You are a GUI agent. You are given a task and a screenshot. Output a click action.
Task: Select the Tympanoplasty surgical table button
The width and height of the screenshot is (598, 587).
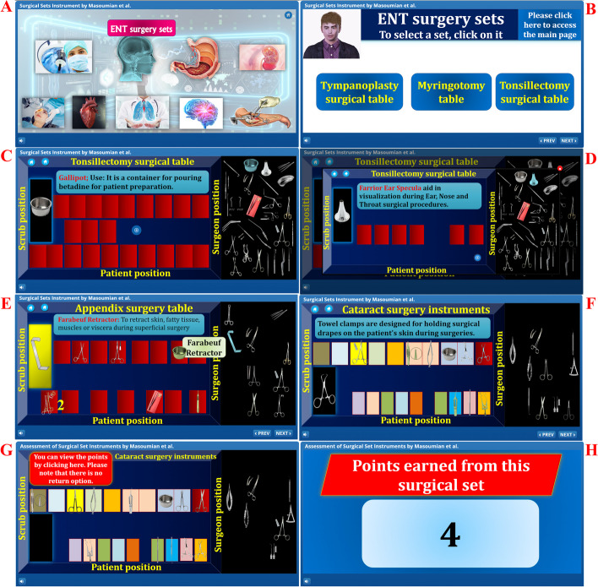pyautogui.click(x=358, y=92)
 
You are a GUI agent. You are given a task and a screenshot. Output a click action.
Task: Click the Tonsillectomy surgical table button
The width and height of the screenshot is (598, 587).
pyautogui.click(x=535, y=92)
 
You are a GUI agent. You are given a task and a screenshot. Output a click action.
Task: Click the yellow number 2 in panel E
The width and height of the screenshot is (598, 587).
pyautogui.click(x=61, y=405)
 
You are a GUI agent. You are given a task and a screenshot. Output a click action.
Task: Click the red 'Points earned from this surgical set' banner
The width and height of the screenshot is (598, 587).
pyautogui.click(x=448, y=475)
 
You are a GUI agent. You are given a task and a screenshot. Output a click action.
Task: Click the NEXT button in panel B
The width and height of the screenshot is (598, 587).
pyautogui.click(x=568, y=140)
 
